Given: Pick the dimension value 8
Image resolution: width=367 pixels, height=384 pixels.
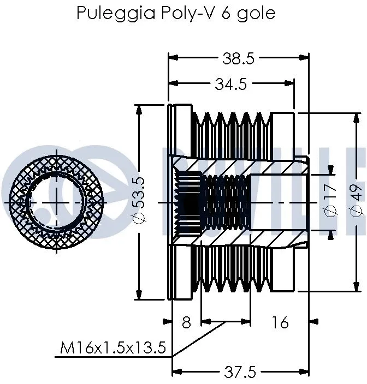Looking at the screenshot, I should tap(186, 323).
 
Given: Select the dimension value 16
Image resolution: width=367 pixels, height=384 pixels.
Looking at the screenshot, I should tap(280, 323).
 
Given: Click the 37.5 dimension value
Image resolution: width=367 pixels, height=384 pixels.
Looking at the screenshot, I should tap(240, 372).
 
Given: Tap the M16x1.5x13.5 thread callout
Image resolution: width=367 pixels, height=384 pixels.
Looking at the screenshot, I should tap(114, 347).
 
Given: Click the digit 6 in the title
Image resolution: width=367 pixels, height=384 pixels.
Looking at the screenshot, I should tap(226, 13).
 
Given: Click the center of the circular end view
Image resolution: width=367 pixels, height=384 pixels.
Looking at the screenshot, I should tap(57, 202).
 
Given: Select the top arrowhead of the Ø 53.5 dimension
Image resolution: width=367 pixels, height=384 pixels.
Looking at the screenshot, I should tap(140, 109).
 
